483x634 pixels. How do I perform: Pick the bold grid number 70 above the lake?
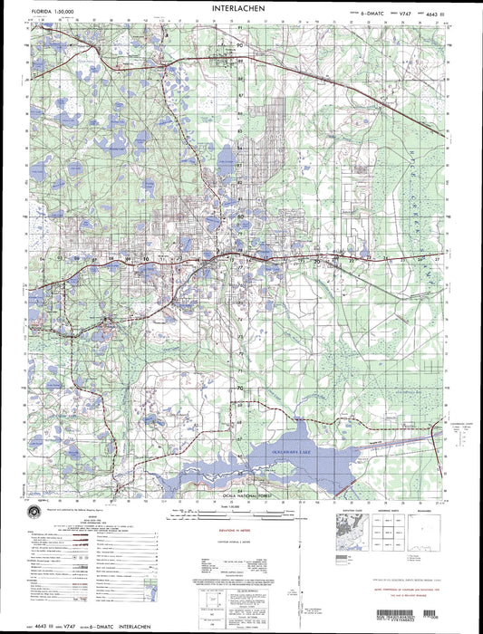tap(241, 388)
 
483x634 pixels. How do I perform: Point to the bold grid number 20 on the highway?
tap(316, 261)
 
